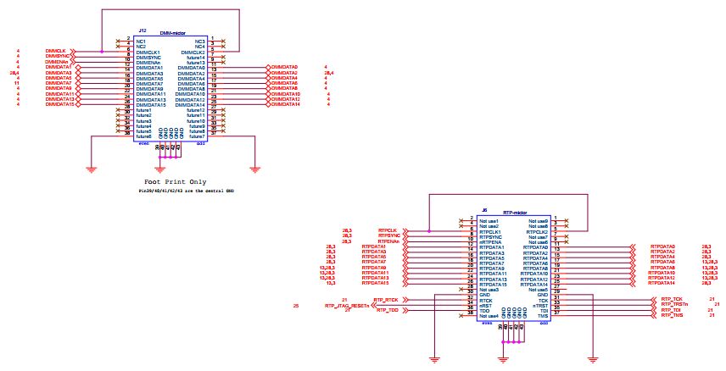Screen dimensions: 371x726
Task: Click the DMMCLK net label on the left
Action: click(x=56, y=51)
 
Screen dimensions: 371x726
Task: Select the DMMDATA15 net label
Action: click(x=60, y=104)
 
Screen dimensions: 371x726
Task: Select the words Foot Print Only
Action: click(x=176, y=181)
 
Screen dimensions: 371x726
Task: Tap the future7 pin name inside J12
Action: click(x=196, y=136)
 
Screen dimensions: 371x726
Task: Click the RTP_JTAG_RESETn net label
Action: click(x=349, y=306)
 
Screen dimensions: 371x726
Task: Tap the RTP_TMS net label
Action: click(x=672, y=315)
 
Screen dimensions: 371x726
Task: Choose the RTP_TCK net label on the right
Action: click(x=672, y=300)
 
